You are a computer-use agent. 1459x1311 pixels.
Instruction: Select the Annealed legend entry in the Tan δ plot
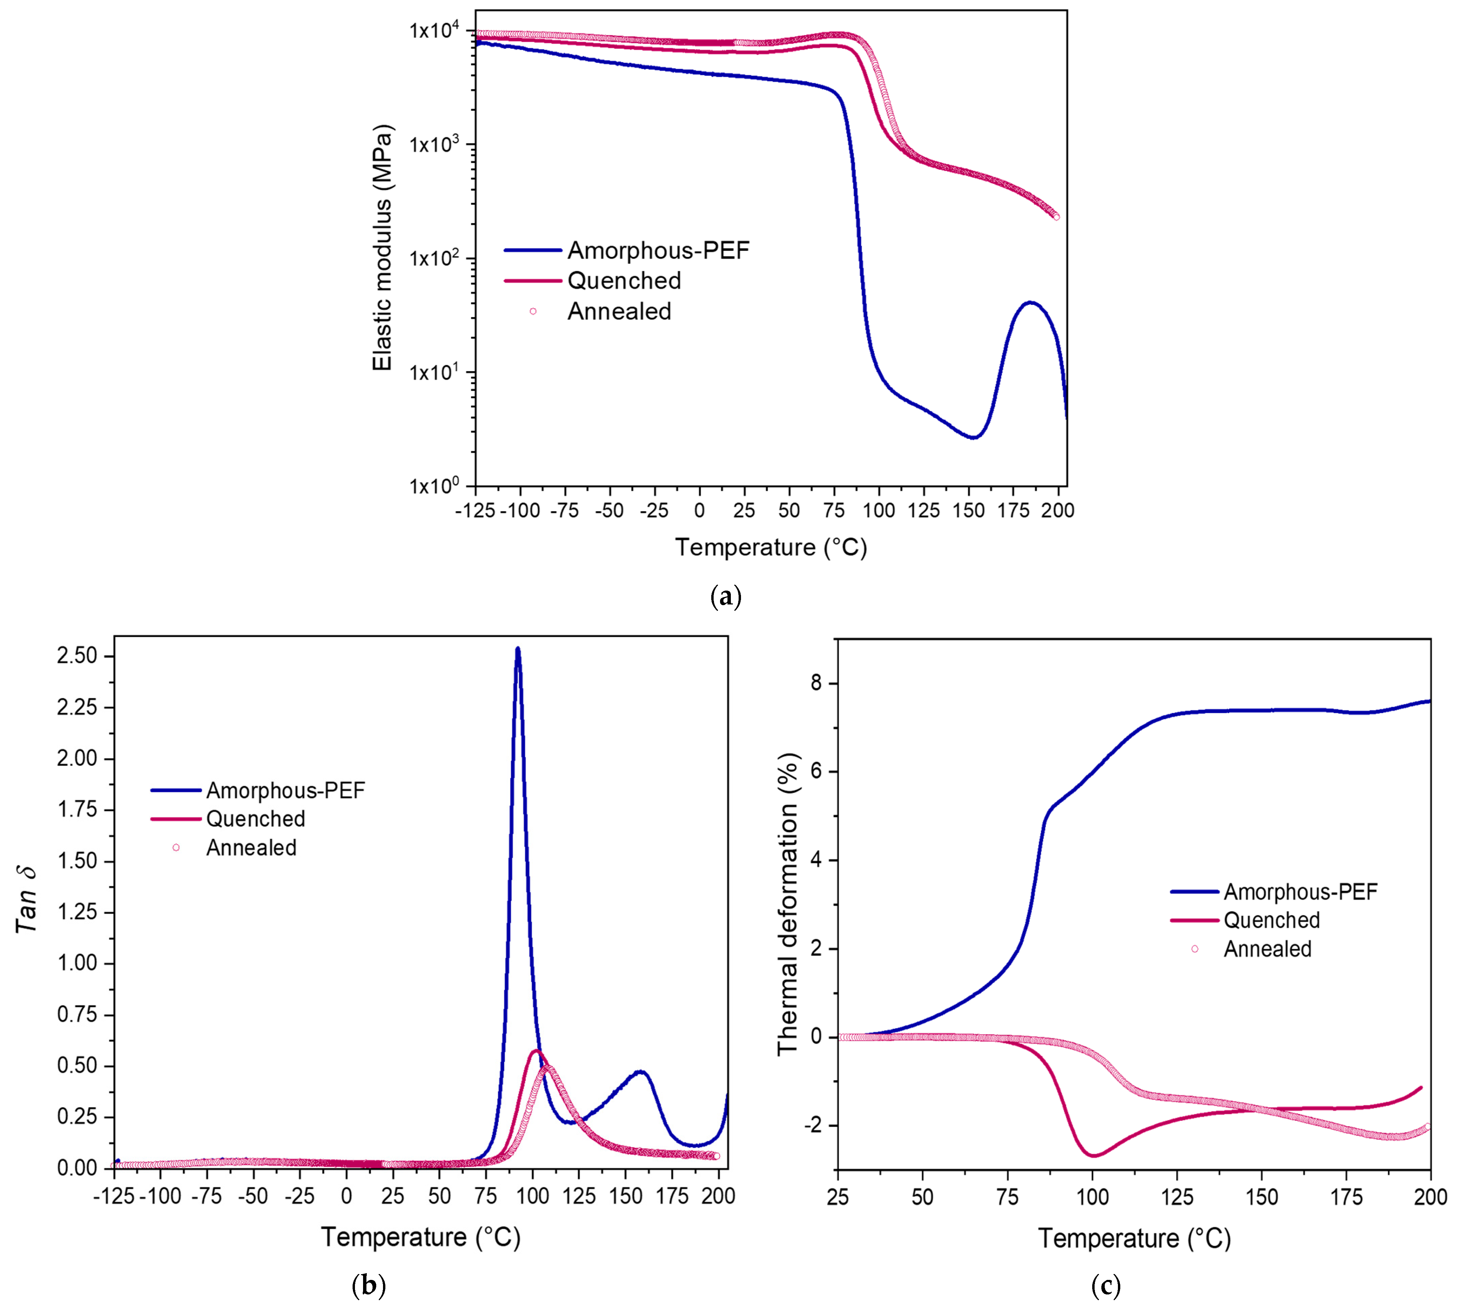[250, 848]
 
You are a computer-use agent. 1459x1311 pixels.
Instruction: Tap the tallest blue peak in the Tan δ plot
[517, 649]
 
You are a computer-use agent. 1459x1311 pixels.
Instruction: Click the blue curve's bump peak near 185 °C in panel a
[1030, 303]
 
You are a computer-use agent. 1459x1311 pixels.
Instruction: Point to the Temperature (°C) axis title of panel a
[770, 547]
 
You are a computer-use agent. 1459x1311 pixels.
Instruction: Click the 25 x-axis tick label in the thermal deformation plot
[838, 1197]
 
